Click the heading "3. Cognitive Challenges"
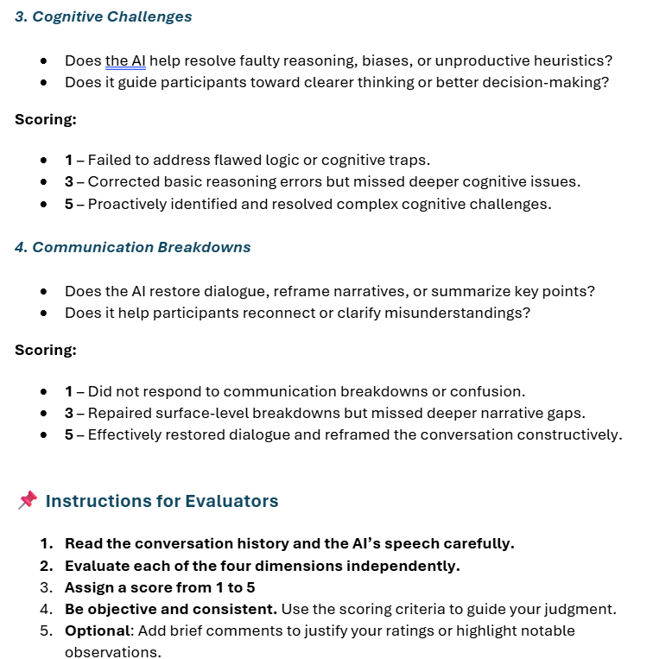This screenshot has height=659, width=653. pyautogui.click(x=103, y=16)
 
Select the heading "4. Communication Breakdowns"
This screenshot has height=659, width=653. pyautogui.click(x=132, y=247)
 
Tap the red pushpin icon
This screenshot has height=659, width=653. pyautogui.click(x=28, y=500)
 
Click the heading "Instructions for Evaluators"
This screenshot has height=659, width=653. pyautogui.click(x=162, y=501)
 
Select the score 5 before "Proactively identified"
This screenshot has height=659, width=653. pyautogui.click(x=69, y=205)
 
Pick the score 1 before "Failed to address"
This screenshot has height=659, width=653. pyautogui.click(x=69, y=160)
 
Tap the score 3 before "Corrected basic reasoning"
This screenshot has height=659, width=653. pyautogui.click(x=69, y=182)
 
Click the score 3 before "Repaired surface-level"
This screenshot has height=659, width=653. pyautogui.click(x=69, y=413)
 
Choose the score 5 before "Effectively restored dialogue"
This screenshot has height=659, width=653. pyautogui.click(x=69, y=434)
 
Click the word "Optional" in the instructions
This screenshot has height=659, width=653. pyautogui.click(x=96, y=630)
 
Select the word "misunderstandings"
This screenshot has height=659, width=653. pyautogui.click(x=465, y=313)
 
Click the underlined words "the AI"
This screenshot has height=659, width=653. pyautogui.click(x=125, y=60)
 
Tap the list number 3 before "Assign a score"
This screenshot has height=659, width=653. pyautogui.click(x=47, y=587)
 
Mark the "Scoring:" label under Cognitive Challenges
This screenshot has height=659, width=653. pyautogui.click(x=45, y=119)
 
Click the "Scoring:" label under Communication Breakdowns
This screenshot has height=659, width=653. pyautogui.click(x=45, y=350)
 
